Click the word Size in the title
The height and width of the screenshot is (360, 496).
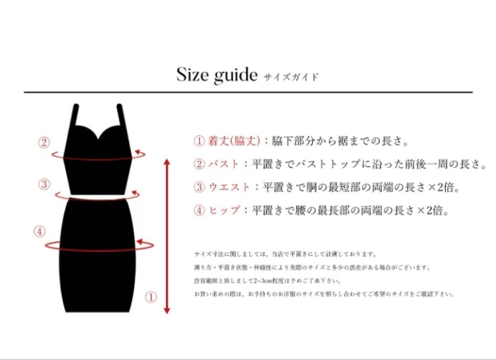pyautogui.click(x=193, y=74)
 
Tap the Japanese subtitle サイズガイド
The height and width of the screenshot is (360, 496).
pyautogui.click(x=291, y=77)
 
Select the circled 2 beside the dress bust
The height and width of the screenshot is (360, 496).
pyautogui.click(x=44, y=142)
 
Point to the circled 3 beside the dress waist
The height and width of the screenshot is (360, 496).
pyautogui.click(x=44, y=185)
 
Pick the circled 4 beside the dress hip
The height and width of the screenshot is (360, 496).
pyautogui.click(x=40, y=232)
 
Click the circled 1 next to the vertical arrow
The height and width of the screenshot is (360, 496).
pyautogui.click(x=151, y=297)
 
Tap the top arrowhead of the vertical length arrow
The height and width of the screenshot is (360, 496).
pyautogui.click(x=167, y=162)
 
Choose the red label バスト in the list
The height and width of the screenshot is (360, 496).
pyautogui.click(x=223, y=164)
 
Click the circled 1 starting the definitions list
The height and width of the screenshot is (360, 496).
pyautogui.click(x=199, y=141)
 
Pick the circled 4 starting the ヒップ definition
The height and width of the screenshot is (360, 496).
pyautogui.click(x=199, y=210)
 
